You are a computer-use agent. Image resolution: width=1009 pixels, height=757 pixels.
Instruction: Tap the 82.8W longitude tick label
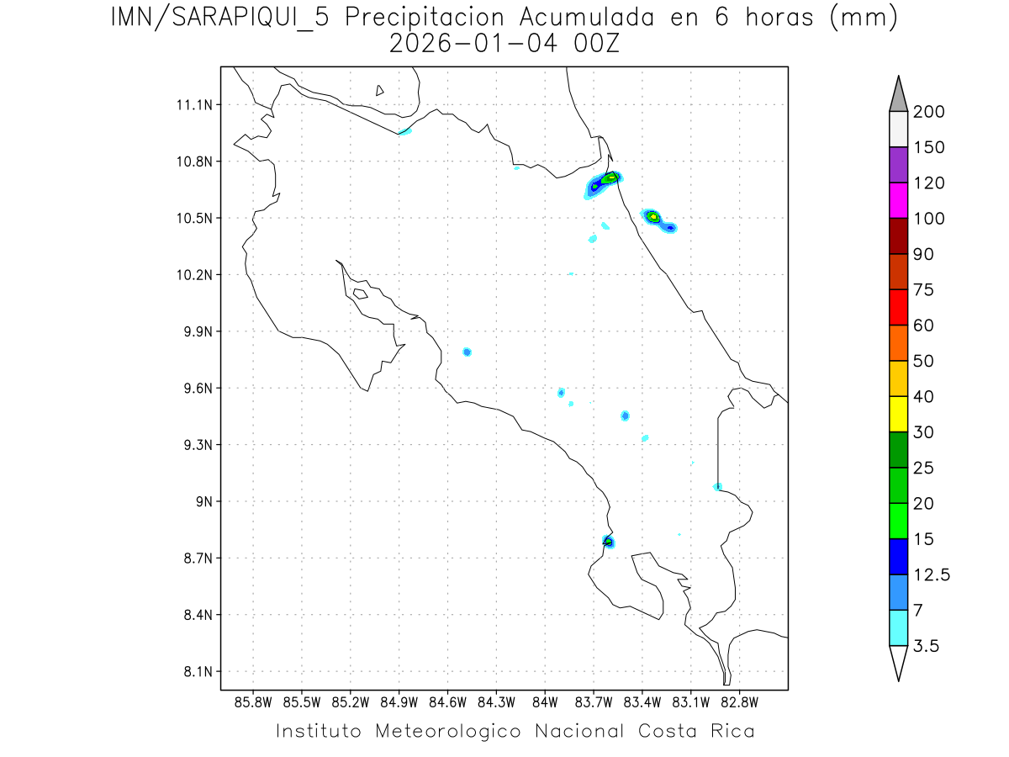[739, 701]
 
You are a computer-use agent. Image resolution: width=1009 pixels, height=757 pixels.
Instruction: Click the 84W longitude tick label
[545, 701]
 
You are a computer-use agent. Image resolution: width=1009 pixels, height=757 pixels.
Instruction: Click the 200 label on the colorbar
[931, 112]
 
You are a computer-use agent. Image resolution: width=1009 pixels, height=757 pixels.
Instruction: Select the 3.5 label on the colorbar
[927, 646]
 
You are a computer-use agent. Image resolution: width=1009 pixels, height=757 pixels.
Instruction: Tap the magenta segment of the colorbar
[898, 200]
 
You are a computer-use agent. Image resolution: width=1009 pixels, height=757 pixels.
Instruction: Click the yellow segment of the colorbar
[898, 414]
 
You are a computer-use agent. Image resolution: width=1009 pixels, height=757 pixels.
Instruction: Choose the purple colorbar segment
[898, 165]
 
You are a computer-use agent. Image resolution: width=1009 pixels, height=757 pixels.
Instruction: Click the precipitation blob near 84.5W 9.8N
[467, 352]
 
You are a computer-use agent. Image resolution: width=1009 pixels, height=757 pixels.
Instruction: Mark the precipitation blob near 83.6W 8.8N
[608, 541]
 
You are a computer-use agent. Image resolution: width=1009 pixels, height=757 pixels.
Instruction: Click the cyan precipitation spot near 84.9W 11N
[404, 131]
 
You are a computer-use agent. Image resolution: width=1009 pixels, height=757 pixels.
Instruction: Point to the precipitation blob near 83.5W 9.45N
[625, 416]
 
